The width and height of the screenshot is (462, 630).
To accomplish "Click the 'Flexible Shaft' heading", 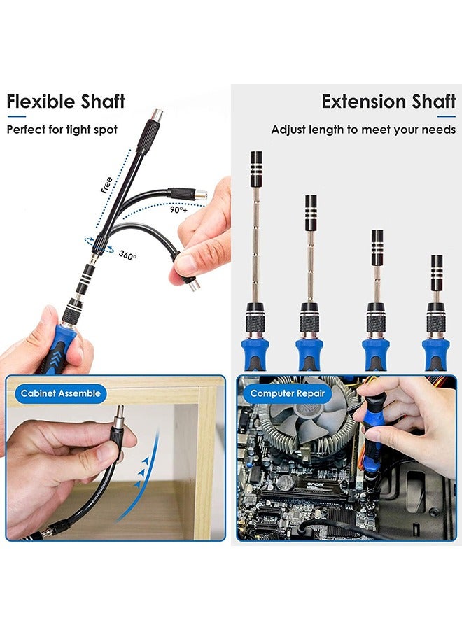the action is point(66,101).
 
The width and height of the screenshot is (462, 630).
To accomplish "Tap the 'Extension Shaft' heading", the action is point(389,101).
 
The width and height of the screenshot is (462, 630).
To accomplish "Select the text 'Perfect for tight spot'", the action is point(62,129).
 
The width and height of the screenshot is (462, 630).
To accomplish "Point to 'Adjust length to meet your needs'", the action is point(363,129).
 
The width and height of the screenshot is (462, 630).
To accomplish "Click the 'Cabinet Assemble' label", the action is point(61,393).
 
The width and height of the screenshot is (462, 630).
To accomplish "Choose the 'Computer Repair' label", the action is point(287,393).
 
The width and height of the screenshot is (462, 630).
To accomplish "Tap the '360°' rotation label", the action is point(127,255).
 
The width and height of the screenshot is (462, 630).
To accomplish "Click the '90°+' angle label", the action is point(178,209).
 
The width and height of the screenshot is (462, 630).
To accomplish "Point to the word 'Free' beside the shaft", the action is point(106,185).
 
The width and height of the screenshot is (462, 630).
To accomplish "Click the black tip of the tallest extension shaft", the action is point(256,169).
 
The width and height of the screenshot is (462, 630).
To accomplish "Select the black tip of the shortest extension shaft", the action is point(437,273).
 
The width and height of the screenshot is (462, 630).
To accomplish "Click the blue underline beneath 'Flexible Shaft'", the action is point(17,116).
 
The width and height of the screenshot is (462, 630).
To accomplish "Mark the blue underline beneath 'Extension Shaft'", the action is point(447,116).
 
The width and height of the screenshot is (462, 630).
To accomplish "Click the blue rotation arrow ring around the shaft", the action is point(99,245).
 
